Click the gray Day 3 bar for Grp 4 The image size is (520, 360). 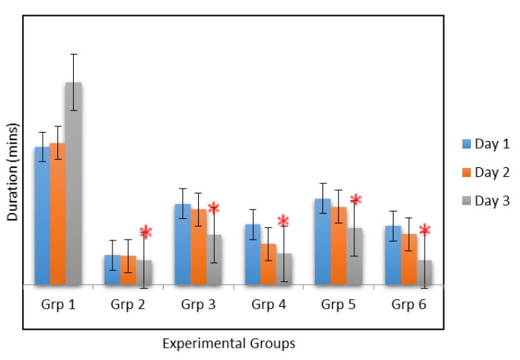[x=284, y=269]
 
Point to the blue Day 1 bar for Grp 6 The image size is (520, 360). [x=393, y=255]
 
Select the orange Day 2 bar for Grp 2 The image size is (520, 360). [x=128, y=269]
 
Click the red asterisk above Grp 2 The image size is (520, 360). [x=145, y=232]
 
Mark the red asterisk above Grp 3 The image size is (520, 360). [x=213, y=208]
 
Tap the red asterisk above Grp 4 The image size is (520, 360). [x=283, y=221]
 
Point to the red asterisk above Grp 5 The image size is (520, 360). [x=356, y=200]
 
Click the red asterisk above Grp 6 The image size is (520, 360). [x=425, y=230]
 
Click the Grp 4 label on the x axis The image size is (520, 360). [x=268, y=304]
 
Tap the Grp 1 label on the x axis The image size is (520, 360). [x=57, y=304]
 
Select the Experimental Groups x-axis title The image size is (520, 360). [x=229, y=343]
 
